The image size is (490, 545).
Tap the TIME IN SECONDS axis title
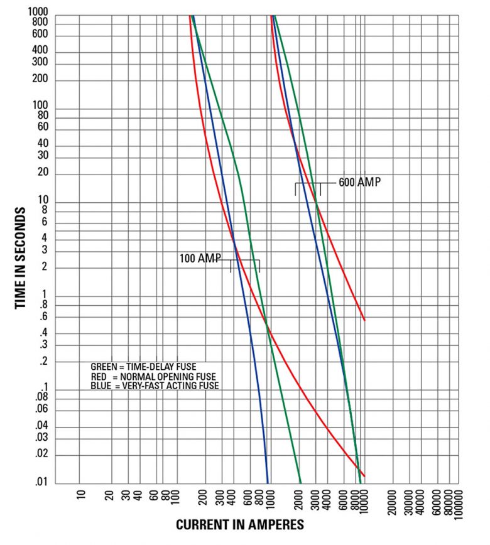pyautogui.click(x=20, y=257)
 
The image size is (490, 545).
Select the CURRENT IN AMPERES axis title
pyautogui.click(x=240, y=525)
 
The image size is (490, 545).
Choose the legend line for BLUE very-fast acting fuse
pyautogui.click(x=155, y=386)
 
